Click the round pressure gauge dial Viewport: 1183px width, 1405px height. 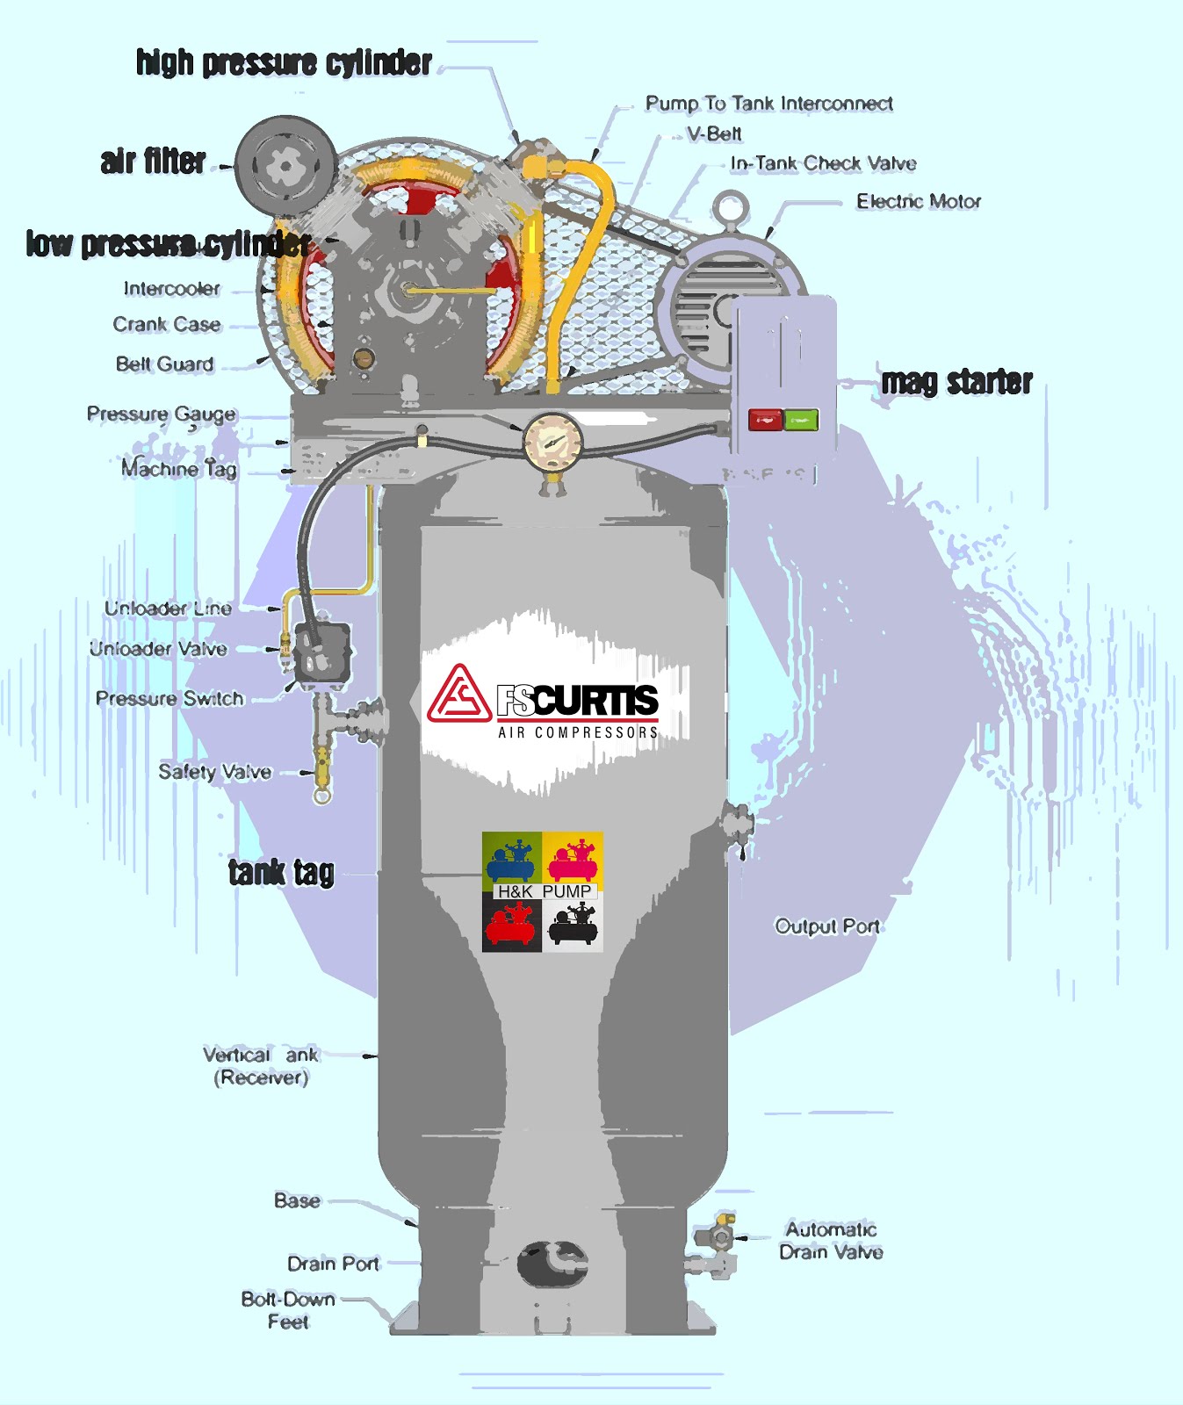click(552, 442)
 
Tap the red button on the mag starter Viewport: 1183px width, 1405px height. click(765, 420)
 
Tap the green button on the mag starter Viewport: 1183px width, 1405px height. click(800, 420)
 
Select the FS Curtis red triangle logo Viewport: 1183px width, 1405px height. click(458, 695)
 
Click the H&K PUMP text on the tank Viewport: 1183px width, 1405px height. click(544, 891)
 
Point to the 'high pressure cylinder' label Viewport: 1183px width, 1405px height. click(284, 63)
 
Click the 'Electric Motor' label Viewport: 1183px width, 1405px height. click(919, 202)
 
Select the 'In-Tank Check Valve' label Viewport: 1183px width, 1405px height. click(823, 163)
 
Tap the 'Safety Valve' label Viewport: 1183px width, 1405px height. click(215, 772)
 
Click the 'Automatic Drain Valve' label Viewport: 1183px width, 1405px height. click(831, 1241)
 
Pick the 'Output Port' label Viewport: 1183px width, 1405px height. click(826, 926)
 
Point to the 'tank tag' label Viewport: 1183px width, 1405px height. click(281, 872)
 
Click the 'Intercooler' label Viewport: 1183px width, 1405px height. click(172, 289)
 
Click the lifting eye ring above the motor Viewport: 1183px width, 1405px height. click(730, 209)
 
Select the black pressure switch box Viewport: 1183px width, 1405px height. click(321, 652)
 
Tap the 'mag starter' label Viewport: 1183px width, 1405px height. click(956, 382)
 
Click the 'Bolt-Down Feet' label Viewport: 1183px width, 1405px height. click(288, 1310)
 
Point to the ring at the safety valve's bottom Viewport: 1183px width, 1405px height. click(322, 796)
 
